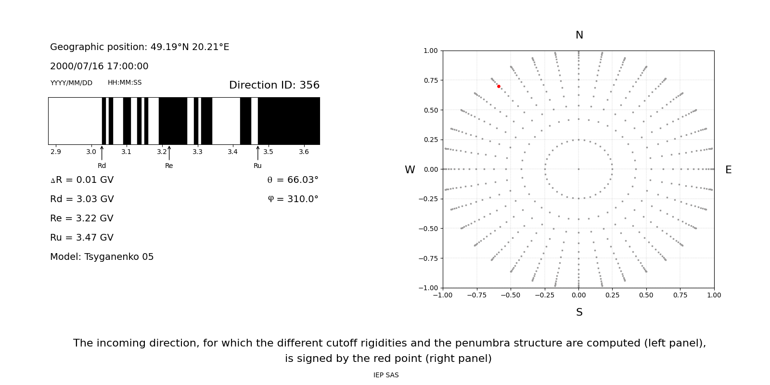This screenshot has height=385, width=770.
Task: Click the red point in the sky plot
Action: click(x=499, y=87)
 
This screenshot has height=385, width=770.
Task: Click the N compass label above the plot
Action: click(x=579, y=35)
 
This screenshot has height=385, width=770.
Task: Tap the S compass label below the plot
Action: click(x=579, y=312)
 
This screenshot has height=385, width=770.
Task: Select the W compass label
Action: click(x=410, y=170)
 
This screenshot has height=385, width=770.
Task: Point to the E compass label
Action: click(x=728, y=170)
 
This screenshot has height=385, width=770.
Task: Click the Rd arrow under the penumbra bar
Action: click(x=102, y=153)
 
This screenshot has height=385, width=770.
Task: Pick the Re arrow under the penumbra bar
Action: click(x=169, y=153)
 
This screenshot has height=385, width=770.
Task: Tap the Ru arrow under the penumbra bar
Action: click(x=257, y=153)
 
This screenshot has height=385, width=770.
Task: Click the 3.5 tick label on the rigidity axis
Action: click(x=268, y=152)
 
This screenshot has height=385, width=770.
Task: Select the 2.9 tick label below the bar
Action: click(x=55, y=152)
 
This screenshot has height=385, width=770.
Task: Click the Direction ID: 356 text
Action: click(x=274, y=85)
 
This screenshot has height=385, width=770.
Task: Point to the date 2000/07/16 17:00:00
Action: click(x=99, y=66)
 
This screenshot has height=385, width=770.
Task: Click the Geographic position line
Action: click(x=140, y=47)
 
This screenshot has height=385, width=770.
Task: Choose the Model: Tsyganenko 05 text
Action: click(x=102, y=257)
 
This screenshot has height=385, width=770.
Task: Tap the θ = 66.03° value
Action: click(x=293, y=180)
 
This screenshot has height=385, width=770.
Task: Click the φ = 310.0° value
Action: click(x=293, y=199)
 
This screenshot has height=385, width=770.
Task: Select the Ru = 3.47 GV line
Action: click(x=82, y=238)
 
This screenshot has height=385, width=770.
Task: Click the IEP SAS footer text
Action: click(x=386, y=375)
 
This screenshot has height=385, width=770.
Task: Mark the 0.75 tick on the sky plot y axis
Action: click(x=431, y=80)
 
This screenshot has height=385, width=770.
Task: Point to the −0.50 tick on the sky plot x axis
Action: click(x=511, y=295)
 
